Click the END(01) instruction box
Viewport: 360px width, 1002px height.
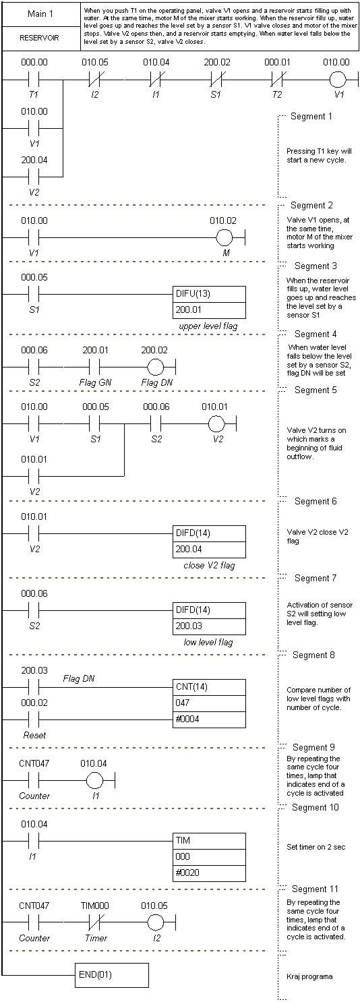(x=111, y=975)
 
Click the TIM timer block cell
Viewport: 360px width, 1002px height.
(x=209, y=841)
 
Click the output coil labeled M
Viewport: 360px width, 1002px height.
(x=225, y=237)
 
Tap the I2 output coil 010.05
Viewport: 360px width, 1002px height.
(x=155, y=922)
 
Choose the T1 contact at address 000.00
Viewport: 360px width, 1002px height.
(x=34, y=80)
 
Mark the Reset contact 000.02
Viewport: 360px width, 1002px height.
(x=34, y=719)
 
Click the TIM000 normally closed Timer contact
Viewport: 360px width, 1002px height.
(x=95, y=922)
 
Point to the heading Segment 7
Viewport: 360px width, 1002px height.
(x=316, y=578)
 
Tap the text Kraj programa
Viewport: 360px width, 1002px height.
(x=309, y=976)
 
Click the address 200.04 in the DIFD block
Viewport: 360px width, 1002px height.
(x=189, y=549)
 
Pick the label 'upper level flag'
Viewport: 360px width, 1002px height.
(x=208, y=326)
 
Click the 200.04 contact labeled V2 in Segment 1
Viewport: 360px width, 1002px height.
(x=34, y=176)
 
